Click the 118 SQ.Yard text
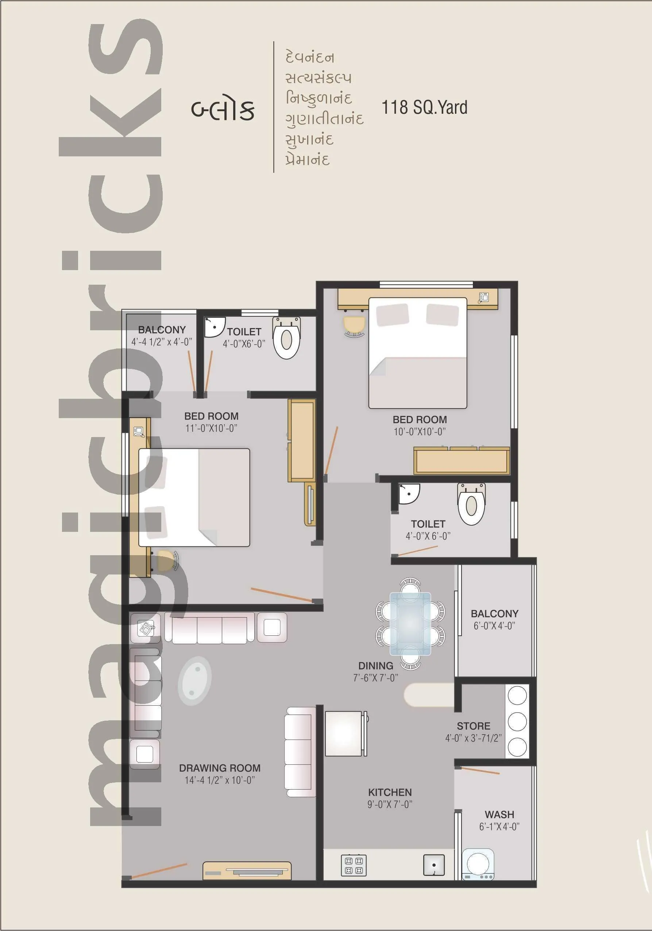point(424,108)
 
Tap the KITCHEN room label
point(390,792)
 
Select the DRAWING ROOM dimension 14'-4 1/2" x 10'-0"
point(220,780)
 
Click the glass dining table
point(410,624)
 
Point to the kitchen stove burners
point(354,865)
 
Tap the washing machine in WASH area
point(478,864)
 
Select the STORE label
point(473,726)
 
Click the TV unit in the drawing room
point(247,870)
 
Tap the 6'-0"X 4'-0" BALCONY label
point(494,613)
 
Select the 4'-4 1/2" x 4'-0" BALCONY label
point(161,330)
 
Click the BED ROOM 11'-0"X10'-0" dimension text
point(211,428)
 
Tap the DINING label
point(375,665)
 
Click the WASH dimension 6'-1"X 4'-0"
point(499,826)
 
